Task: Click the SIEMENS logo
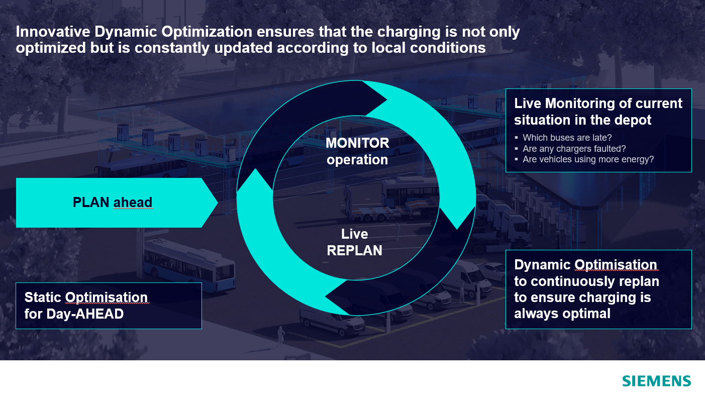click(656, 381)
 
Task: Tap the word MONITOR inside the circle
click(357, 143)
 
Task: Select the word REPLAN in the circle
click(354, 250)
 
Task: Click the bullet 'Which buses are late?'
click(567, 138)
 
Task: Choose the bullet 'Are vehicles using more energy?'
click(588, 160)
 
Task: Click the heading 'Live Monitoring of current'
click(598, 104)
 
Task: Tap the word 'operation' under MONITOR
click(357, 160)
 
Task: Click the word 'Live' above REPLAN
click(354, 234)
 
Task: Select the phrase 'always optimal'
click(562, 314)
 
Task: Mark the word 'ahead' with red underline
click(133, 203)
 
